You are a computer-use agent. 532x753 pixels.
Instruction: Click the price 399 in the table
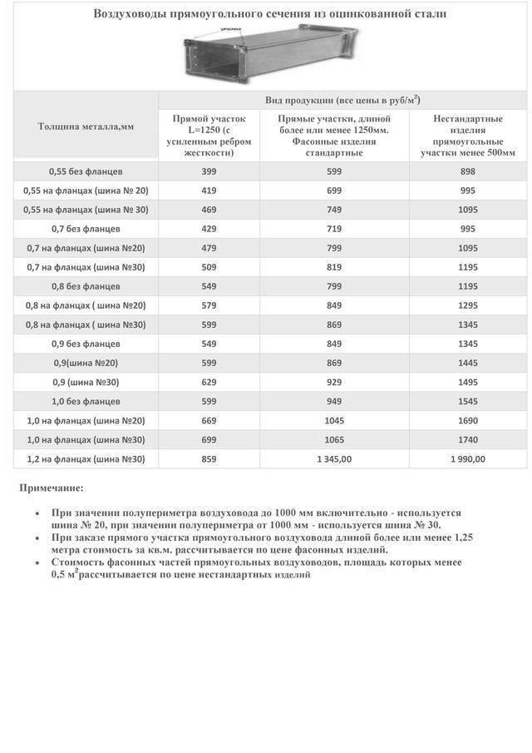tap(209, 171)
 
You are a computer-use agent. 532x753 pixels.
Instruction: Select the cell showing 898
tap(467, 171)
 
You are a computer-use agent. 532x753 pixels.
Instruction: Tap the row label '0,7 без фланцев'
tap(85, 228)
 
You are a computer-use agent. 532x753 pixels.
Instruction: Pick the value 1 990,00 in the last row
tap(467, 458)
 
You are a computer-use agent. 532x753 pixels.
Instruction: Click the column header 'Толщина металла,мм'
tap(86, 126)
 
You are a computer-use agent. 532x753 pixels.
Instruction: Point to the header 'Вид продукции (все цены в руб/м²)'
tap(342, 100)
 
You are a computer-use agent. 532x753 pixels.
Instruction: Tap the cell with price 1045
tap(333, 420)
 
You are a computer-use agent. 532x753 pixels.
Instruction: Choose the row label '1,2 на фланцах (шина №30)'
tap(85, 458)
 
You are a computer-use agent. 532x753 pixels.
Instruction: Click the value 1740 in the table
tap(467, 439)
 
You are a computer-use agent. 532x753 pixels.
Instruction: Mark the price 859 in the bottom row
tap(209, 458)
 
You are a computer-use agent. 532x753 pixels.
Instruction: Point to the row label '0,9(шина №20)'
tap(85, 363)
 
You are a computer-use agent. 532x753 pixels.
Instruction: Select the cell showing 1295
tap(467, 305)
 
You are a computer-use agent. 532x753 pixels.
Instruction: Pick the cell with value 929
tap(333, 382)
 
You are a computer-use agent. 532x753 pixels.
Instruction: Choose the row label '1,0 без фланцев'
tap(85, 401)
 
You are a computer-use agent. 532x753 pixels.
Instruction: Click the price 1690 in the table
tap(467, 420)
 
